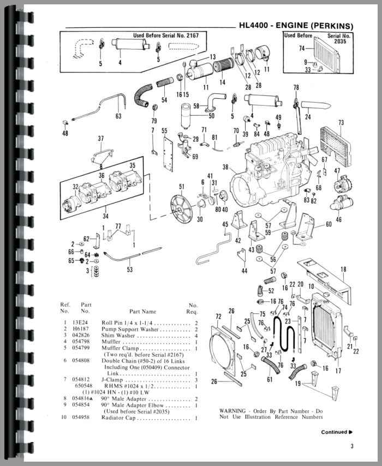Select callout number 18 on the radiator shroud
click(x=343, y=270)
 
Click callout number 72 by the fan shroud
click(x=218, y=316)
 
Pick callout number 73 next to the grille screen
click(x=341, y=122)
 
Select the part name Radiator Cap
click(x=119, y=418)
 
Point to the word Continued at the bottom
click(x=333, y=432)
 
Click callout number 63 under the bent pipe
click(x=118, y=116)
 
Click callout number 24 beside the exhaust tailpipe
click(x=308, y=116)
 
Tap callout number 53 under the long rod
click(x=129, y=269)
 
